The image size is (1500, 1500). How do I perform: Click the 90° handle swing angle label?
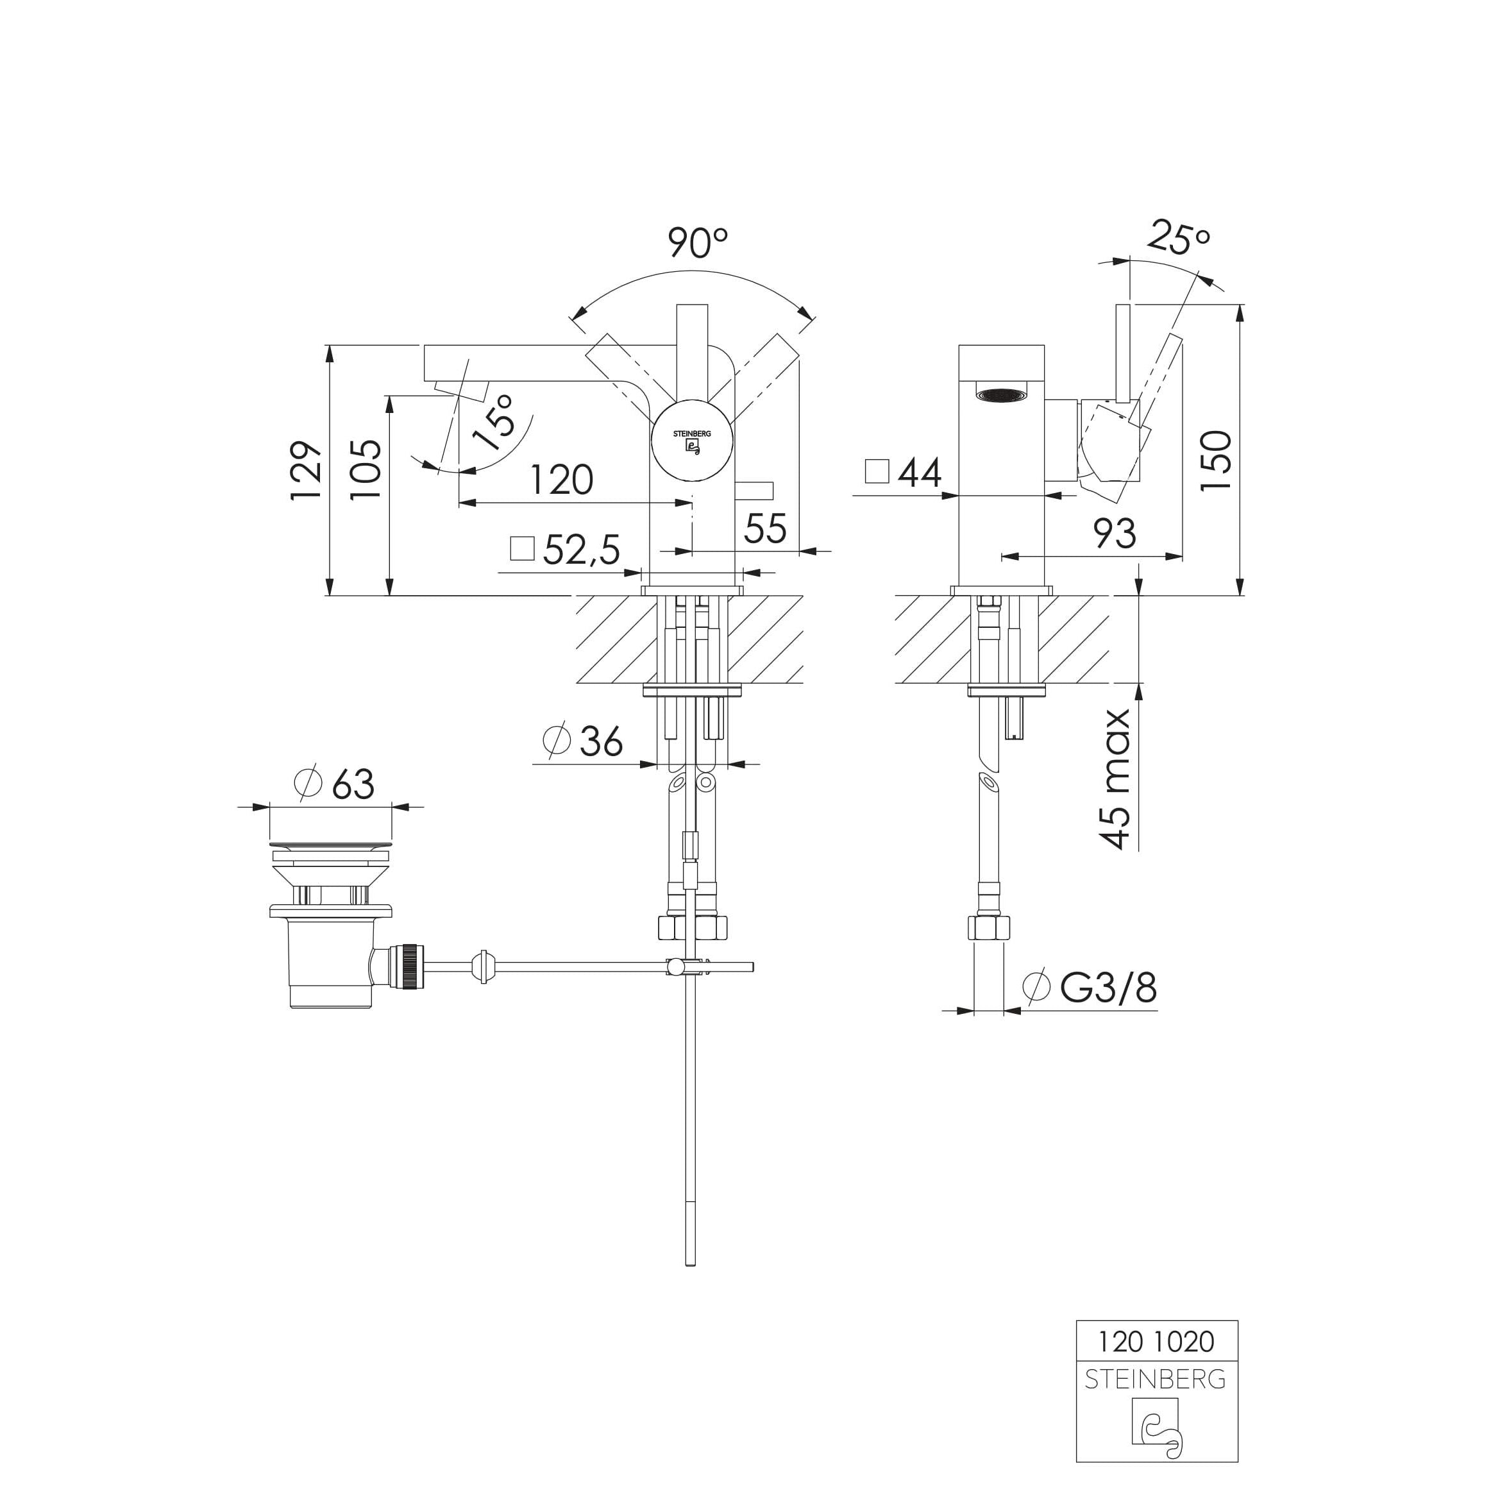click(697, 243)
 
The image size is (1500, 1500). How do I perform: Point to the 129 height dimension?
click(306, 471)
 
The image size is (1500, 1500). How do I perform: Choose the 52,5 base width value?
click(582, 550)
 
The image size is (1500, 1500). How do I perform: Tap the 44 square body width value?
click(920, 473)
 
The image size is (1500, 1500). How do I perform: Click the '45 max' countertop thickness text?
click(1116, 778)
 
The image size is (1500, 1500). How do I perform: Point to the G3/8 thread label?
click(1108, 988)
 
